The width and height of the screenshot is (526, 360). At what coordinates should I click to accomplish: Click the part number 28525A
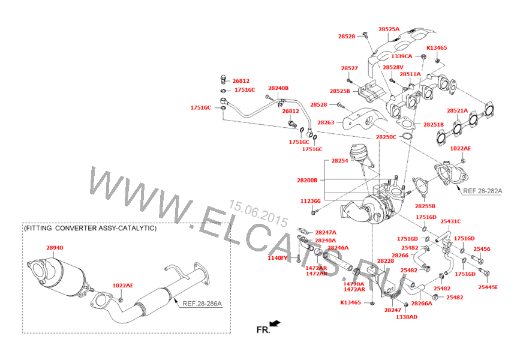(x=389, y=29)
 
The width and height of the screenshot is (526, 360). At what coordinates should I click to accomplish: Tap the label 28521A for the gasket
(x=458, y=111)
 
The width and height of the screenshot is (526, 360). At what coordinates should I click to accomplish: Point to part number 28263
(x=326, y=123)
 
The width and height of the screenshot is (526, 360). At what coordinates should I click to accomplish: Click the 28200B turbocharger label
(x=306, y=179)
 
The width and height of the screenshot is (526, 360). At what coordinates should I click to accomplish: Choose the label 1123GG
(x=311, y=201)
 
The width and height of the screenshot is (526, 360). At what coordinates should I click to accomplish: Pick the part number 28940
(x=55, y=247)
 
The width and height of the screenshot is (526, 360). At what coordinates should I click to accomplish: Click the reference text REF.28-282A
(x=482, y=191)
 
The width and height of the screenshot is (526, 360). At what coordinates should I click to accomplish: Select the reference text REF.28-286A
(x=202, y=304)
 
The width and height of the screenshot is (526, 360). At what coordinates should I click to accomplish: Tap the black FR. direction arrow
(x=275, y=324)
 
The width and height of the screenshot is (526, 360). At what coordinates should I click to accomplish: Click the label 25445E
(x=488, y=287)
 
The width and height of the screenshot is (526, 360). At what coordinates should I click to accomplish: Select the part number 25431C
(x=450, y=221)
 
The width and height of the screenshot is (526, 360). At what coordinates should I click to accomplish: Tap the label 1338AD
(x=406, y=317)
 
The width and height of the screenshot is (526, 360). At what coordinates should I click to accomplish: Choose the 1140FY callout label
(x=278, y=258)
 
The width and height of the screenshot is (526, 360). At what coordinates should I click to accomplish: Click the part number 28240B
(x=278, y=88)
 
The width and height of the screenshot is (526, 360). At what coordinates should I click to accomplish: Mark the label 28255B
(x=425, y=206)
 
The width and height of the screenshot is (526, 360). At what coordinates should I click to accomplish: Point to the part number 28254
(x=339, y=161)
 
